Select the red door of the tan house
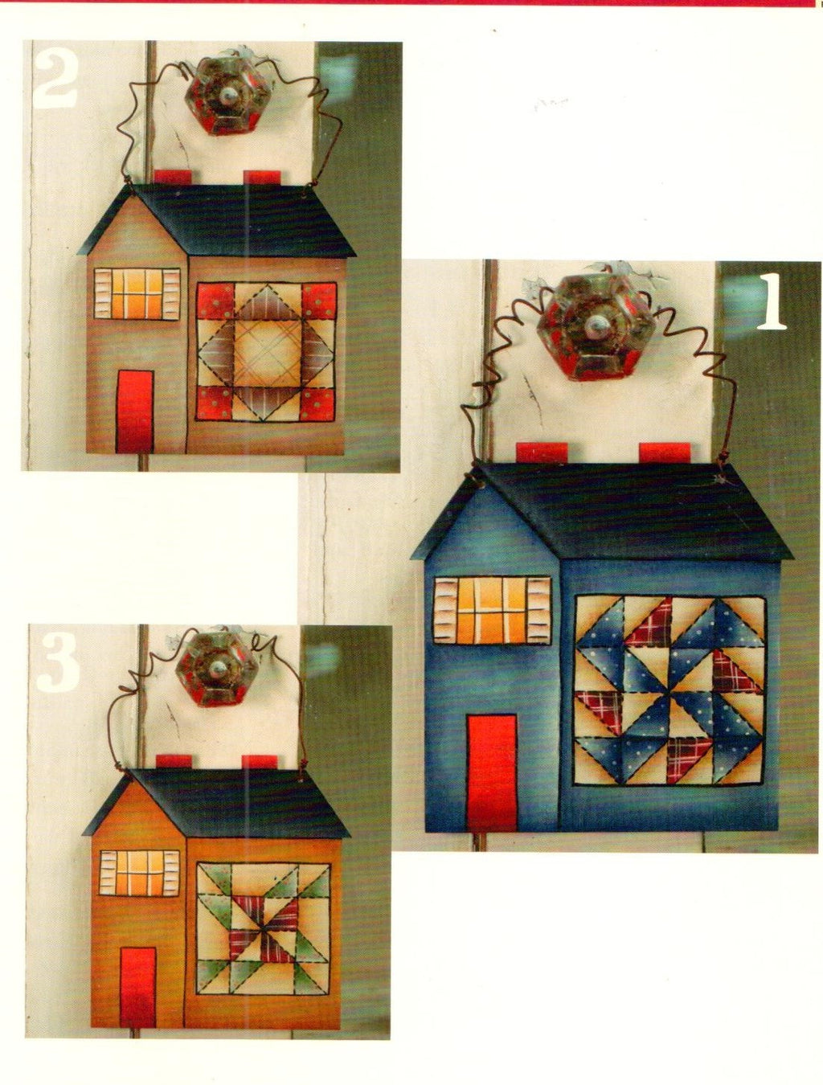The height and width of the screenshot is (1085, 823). coord(135,411)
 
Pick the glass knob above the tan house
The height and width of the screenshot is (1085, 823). coord(227,94)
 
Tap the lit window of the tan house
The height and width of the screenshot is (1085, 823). coord(137,294)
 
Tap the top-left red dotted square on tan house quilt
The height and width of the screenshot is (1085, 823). coord(215,301)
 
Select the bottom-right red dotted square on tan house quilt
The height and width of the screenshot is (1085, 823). coord(317,403)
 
